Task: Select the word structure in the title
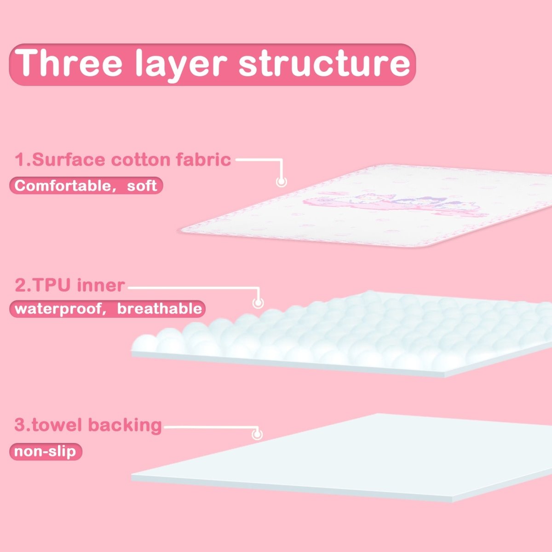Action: tap(324, 63)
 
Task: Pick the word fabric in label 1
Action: tap(203, 160)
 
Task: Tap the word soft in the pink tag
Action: tap(142, 186)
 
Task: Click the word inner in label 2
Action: tap(101, 285)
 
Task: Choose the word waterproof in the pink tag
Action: tap(57, 308)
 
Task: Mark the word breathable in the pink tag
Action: tap(159, 308)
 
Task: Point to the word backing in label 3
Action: tap(125, 425)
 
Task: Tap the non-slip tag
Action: tap(45, 451)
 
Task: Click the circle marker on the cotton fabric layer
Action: tap(281, 182)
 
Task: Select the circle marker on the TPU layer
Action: tap(258, 303)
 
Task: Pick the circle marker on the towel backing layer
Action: tap(257, 434)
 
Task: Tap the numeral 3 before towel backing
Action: tap(20, 425)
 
